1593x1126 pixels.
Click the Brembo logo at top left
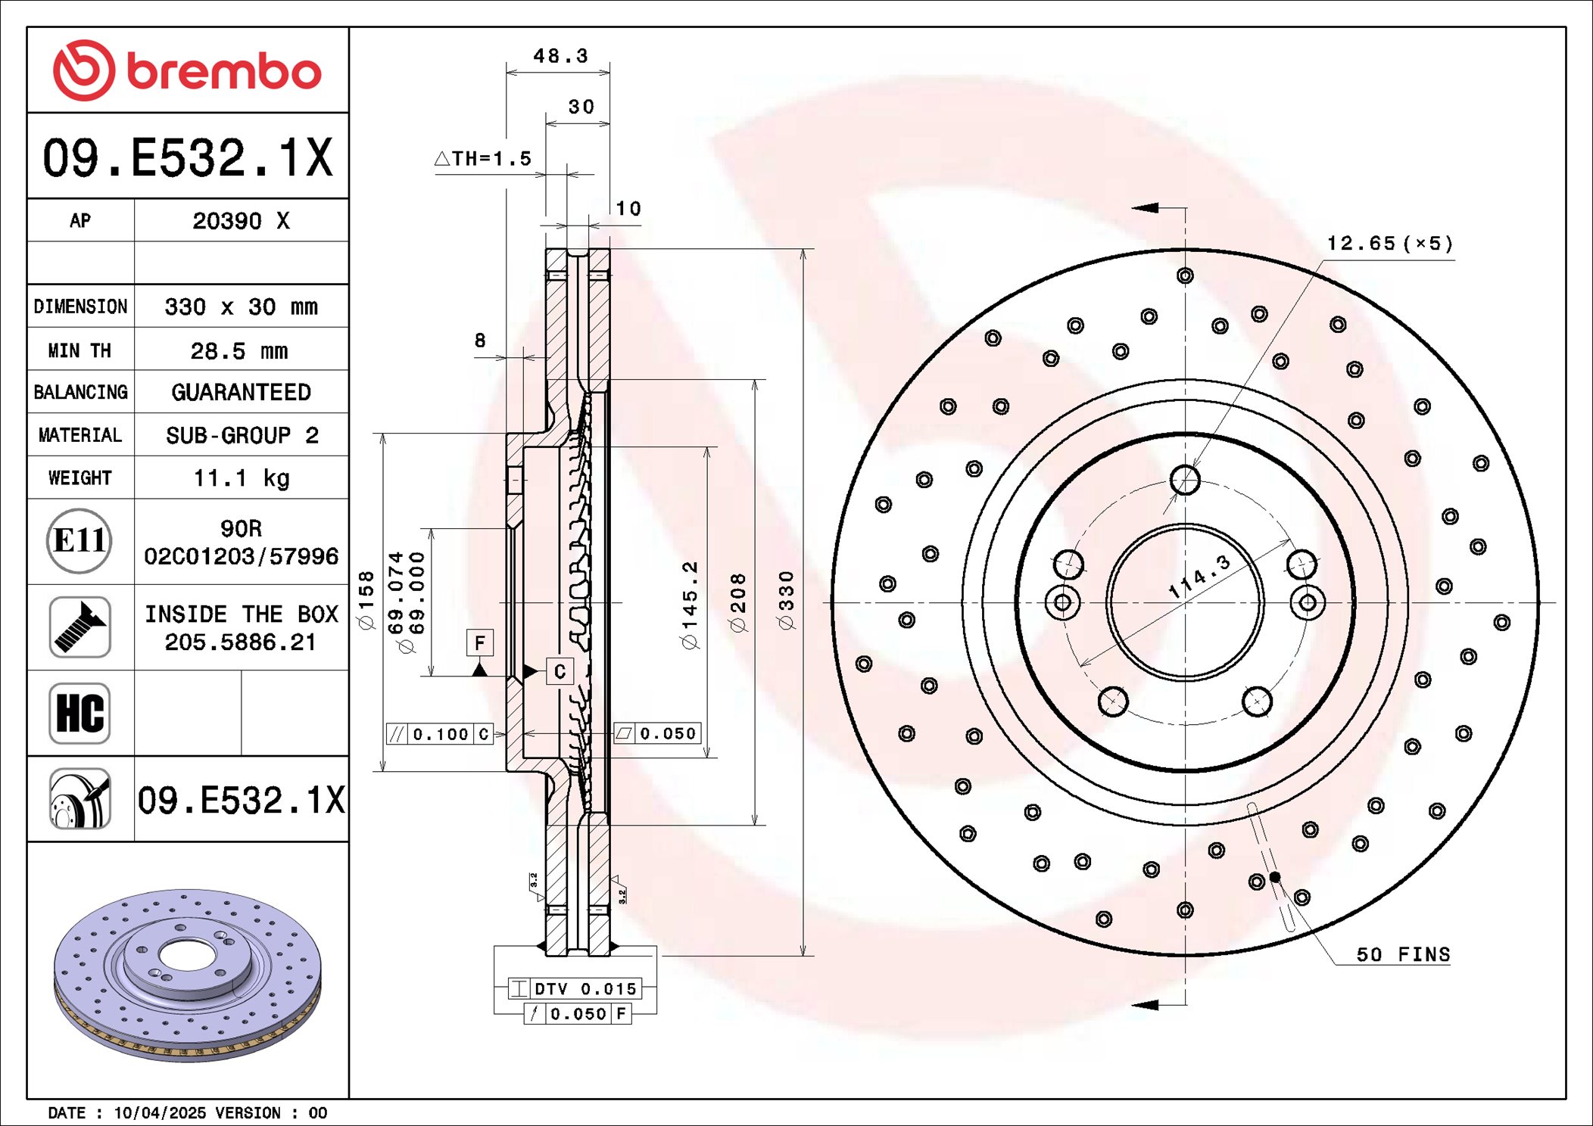187,70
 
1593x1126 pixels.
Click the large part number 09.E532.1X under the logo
187,157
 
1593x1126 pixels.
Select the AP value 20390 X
241,221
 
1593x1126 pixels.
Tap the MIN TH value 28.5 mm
239,351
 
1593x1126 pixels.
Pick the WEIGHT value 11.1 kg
241,478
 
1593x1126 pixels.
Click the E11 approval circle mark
79,541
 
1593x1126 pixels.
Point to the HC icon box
79,714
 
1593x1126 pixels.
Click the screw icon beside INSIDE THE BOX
79,627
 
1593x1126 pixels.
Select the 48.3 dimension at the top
560,56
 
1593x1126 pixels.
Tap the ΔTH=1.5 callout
483,159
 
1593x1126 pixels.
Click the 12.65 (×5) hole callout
1389,244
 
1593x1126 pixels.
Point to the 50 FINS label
1402,955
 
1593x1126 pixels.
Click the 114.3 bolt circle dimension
1199,577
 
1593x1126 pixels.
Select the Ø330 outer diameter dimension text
787,600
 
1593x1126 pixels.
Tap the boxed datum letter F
479,643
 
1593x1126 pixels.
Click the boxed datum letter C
560,671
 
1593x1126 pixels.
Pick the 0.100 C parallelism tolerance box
440,734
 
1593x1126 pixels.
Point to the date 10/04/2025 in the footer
159,1113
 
